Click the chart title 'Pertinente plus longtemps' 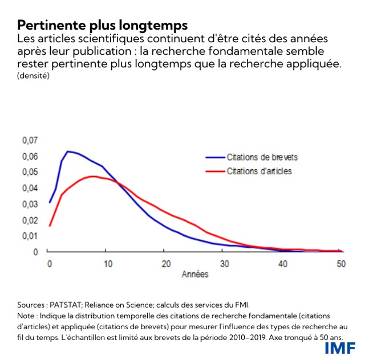pos(103,25)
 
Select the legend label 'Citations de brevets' pos(262,157)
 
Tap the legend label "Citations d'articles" pos(259,171)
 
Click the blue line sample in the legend pos(214,157)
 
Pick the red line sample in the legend pos(214,171)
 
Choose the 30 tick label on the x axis pos(225,263)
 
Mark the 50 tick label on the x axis pos(342,263)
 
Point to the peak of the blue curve pos(68,152)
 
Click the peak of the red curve pos(92,177)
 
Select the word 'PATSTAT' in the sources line pos(68,304)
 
